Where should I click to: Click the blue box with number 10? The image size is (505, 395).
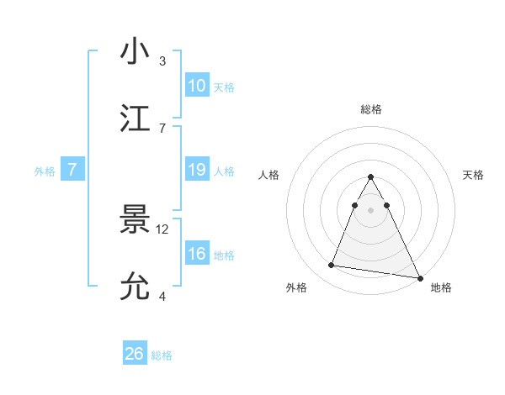197,85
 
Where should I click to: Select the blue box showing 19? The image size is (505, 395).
197,170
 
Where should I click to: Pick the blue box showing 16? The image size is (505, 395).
197,254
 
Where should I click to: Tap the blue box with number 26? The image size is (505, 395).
135,354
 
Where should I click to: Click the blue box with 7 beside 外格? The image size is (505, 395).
72,170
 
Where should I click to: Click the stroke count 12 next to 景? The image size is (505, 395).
163,229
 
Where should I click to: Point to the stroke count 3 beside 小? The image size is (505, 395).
162,61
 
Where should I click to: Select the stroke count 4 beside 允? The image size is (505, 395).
162,296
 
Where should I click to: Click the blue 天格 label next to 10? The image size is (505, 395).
224,87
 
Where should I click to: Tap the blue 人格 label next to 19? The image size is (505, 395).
224,171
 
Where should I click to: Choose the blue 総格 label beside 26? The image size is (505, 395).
162,355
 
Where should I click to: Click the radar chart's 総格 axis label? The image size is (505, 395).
371,109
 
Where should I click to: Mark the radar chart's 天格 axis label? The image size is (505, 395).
473,175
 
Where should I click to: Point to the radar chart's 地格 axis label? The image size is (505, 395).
441,287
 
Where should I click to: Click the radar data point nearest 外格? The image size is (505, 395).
332,266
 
